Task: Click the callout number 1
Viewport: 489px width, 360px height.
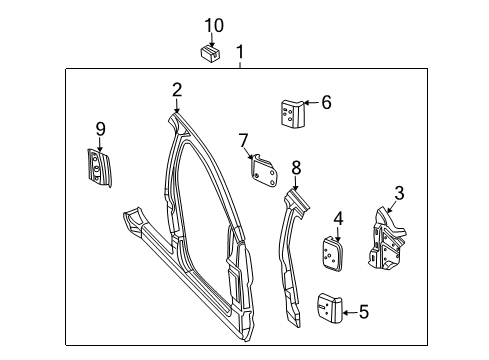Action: pos(239,51)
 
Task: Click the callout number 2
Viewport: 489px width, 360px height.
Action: pos(176,90)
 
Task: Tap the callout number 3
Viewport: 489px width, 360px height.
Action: pos(398,193)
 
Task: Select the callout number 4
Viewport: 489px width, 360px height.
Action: pos(338,217)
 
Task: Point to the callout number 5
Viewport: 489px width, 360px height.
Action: pos(363,312)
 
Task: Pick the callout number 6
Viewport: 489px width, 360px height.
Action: pos(325,101)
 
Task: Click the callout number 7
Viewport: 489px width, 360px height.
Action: pos(243,139)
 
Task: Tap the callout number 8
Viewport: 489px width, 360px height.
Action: pos(296,167)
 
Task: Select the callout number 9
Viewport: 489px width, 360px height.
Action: pos(100,128)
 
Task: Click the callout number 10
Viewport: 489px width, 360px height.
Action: pos(214,25)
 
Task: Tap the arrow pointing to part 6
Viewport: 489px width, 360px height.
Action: pos(309,101)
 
